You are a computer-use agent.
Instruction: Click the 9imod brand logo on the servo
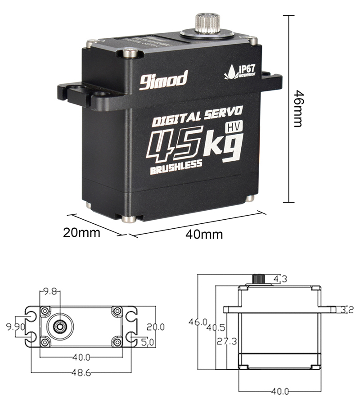click(x=163, y=80)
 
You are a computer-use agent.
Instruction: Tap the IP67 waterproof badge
click(x=240, y=72)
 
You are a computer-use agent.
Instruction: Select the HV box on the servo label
click(x=234, y=127)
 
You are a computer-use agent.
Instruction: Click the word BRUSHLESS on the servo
click(x=176, y=167)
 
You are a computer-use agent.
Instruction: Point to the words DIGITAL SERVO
click(x=198, y=116)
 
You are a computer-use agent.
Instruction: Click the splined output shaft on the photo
click(x=207, y=23)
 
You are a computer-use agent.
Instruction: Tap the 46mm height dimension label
click(x=299, y=109)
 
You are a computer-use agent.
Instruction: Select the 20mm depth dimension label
click(x=81, y=232)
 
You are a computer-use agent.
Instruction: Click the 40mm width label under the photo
click(x=204, y=234)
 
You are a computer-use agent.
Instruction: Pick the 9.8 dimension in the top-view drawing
click(x=50, y=291)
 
